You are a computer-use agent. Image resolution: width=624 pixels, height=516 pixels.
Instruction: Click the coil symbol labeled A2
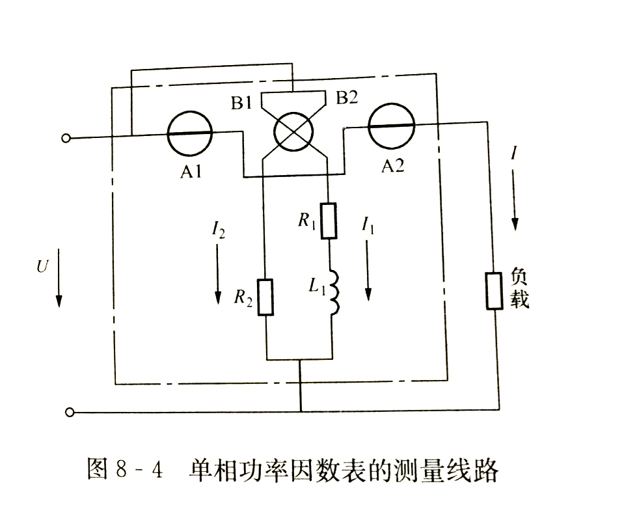[391, 125]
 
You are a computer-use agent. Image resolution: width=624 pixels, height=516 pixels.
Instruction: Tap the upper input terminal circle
[66, 138]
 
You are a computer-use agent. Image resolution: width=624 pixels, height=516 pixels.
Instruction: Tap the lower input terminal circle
[70, 412]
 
